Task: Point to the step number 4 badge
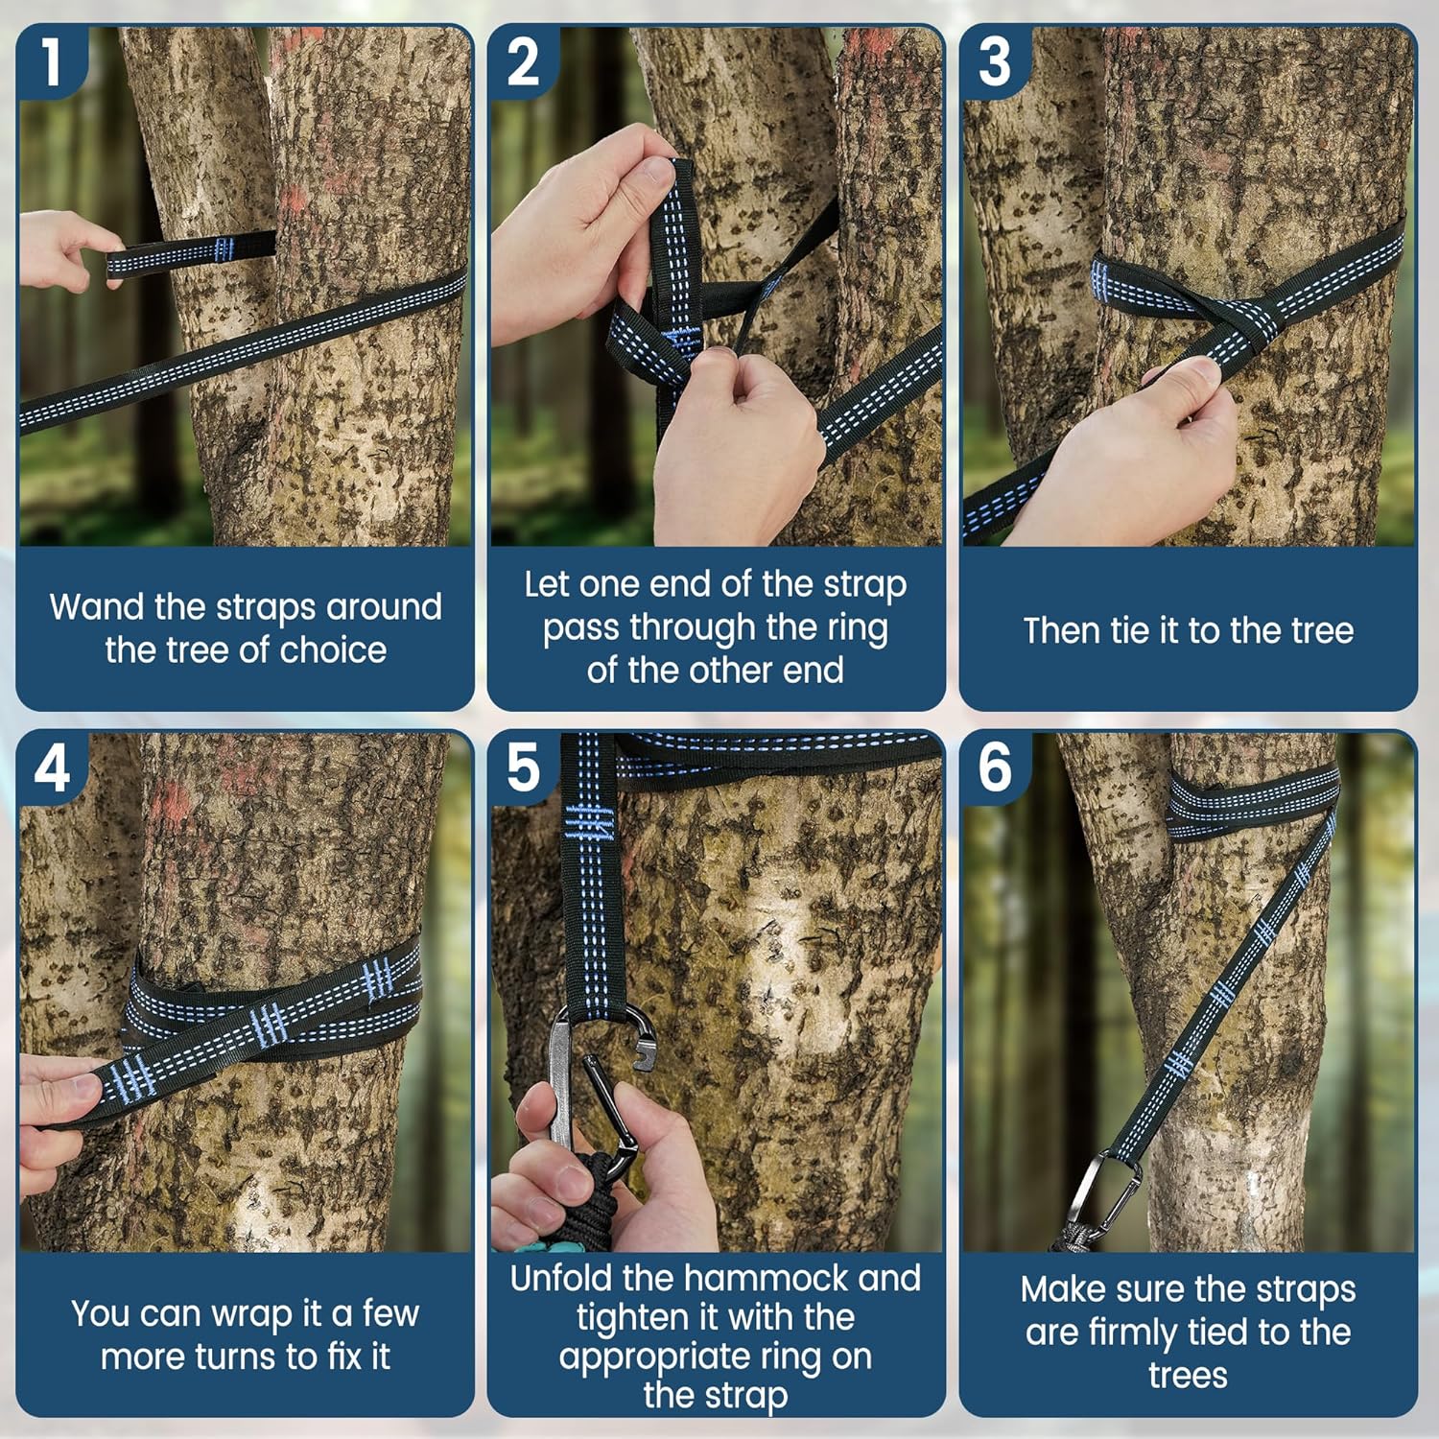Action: (x=52, y=767)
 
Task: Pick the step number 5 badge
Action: (x=523, y=767)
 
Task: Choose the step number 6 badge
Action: (x=995, y=767)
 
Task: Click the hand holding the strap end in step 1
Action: (x=67, y=249)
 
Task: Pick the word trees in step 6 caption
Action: (x=1188, y=1376)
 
